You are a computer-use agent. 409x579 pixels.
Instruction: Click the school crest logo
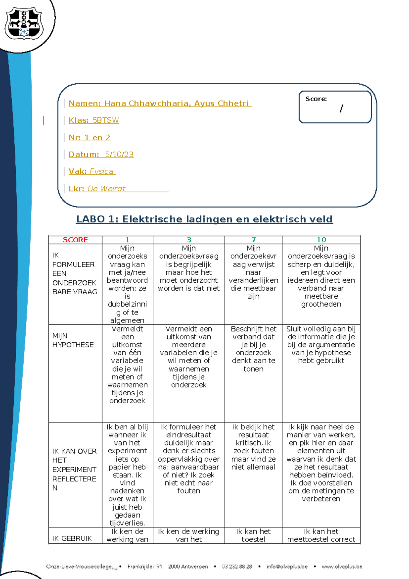(24, 23)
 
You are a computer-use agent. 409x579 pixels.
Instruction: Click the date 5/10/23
(119, 155)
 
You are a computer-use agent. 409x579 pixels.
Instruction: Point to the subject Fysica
(102, 171)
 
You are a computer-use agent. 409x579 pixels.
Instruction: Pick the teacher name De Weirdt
(107, 189)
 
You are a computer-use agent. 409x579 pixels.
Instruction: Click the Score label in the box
(316, 99)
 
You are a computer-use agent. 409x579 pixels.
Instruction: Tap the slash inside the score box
(341, 109)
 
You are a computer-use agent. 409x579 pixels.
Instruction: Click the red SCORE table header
(75, 240)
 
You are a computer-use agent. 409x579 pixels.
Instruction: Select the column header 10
(321, 240)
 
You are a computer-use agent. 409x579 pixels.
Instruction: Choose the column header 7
(253, 240)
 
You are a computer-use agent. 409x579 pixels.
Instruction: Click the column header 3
(189, 240)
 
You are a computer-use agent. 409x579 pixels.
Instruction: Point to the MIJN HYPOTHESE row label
(73, 340)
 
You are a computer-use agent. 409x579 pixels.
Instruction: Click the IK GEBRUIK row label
(72, 538)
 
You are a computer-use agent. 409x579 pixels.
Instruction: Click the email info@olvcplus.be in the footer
(287, 567)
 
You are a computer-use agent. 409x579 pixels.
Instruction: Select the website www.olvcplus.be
(342, 567)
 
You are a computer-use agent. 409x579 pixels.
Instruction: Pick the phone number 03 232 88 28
(237, 567)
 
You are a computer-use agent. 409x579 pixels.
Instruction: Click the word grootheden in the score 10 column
(321, 304)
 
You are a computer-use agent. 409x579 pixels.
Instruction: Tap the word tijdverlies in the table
(127, 523)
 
